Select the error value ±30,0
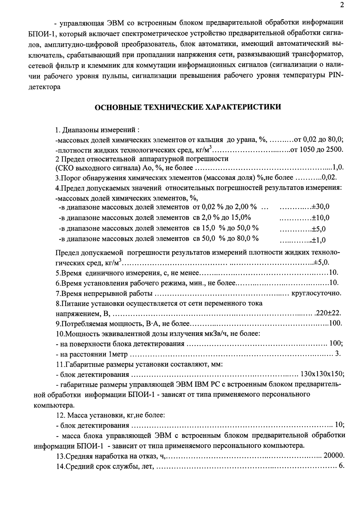coord(320,207)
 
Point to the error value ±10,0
coord(320,218)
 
